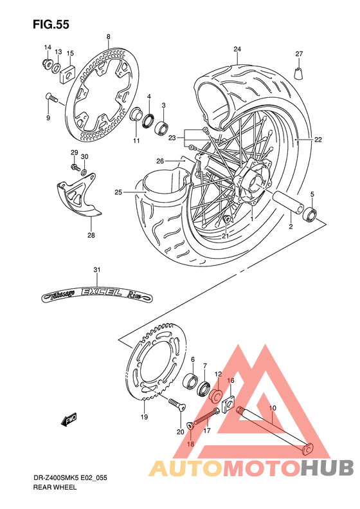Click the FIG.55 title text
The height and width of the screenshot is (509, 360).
click(51, 24)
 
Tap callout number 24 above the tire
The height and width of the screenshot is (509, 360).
click(237, 50)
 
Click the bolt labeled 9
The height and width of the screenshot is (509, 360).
click(51, 98)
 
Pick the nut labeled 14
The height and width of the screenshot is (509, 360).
click(47, 63)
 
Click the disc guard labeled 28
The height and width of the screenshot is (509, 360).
click(75, 201)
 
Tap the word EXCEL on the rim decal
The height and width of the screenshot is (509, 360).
click(97, 293)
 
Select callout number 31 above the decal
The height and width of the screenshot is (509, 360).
click(96, 270)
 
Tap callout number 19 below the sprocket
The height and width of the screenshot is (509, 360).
click(144, 418)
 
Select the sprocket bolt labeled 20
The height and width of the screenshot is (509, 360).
click(175, 405)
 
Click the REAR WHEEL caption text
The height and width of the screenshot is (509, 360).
click(55, 489)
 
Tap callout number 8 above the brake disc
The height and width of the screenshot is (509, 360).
click(108, 37)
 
